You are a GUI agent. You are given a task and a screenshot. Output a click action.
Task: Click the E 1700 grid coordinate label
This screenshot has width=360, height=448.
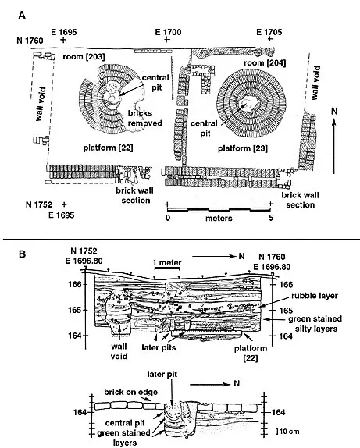(x=168, y=33)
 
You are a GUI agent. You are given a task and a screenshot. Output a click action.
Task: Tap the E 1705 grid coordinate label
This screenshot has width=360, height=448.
(x=269, y=33)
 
